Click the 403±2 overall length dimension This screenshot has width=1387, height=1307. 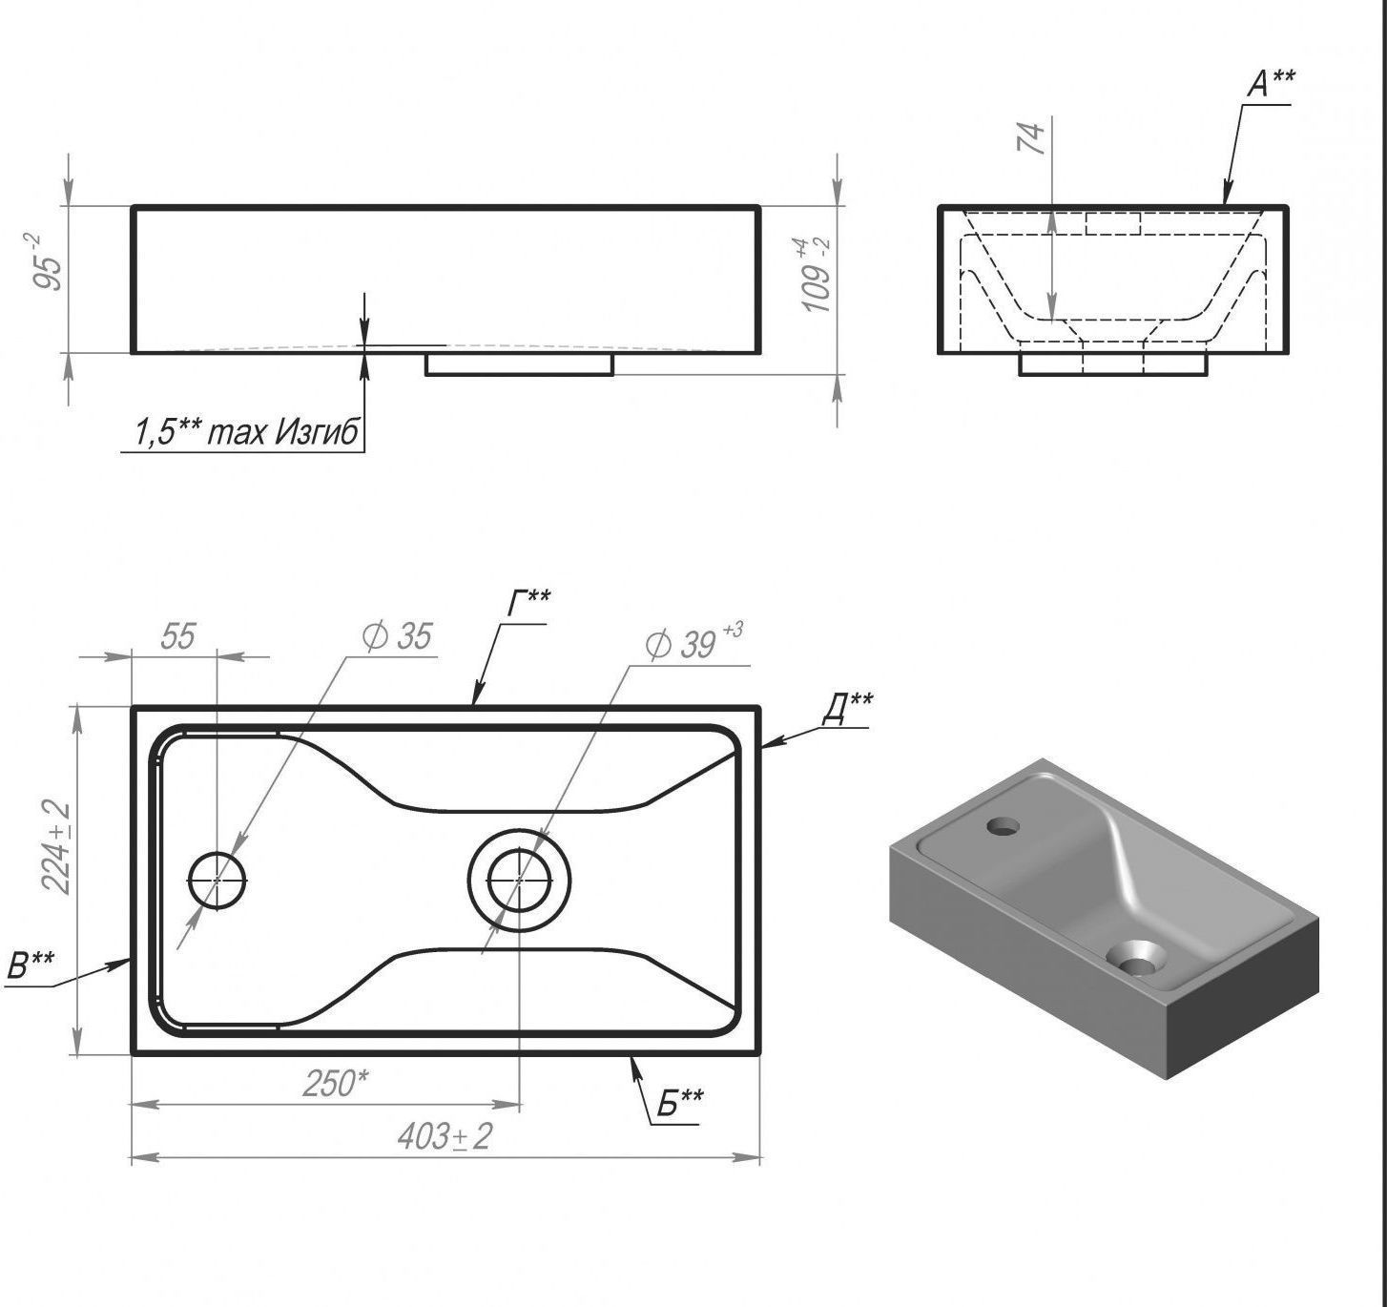445,1137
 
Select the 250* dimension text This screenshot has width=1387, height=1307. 335,1084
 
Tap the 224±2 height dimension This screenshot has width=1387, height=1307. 56,846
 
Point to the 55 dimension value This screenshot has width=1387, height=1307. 177,636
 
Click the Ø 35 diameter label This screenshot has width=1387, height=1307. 397,635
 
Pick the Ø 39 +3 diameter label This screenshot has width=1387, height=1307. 693,640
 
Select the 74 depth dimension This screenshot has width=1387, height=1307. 1031,138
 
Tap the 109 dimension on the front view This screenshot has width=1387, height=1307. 815,275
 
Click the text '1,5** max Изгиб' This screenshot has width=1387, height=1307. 246,432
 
